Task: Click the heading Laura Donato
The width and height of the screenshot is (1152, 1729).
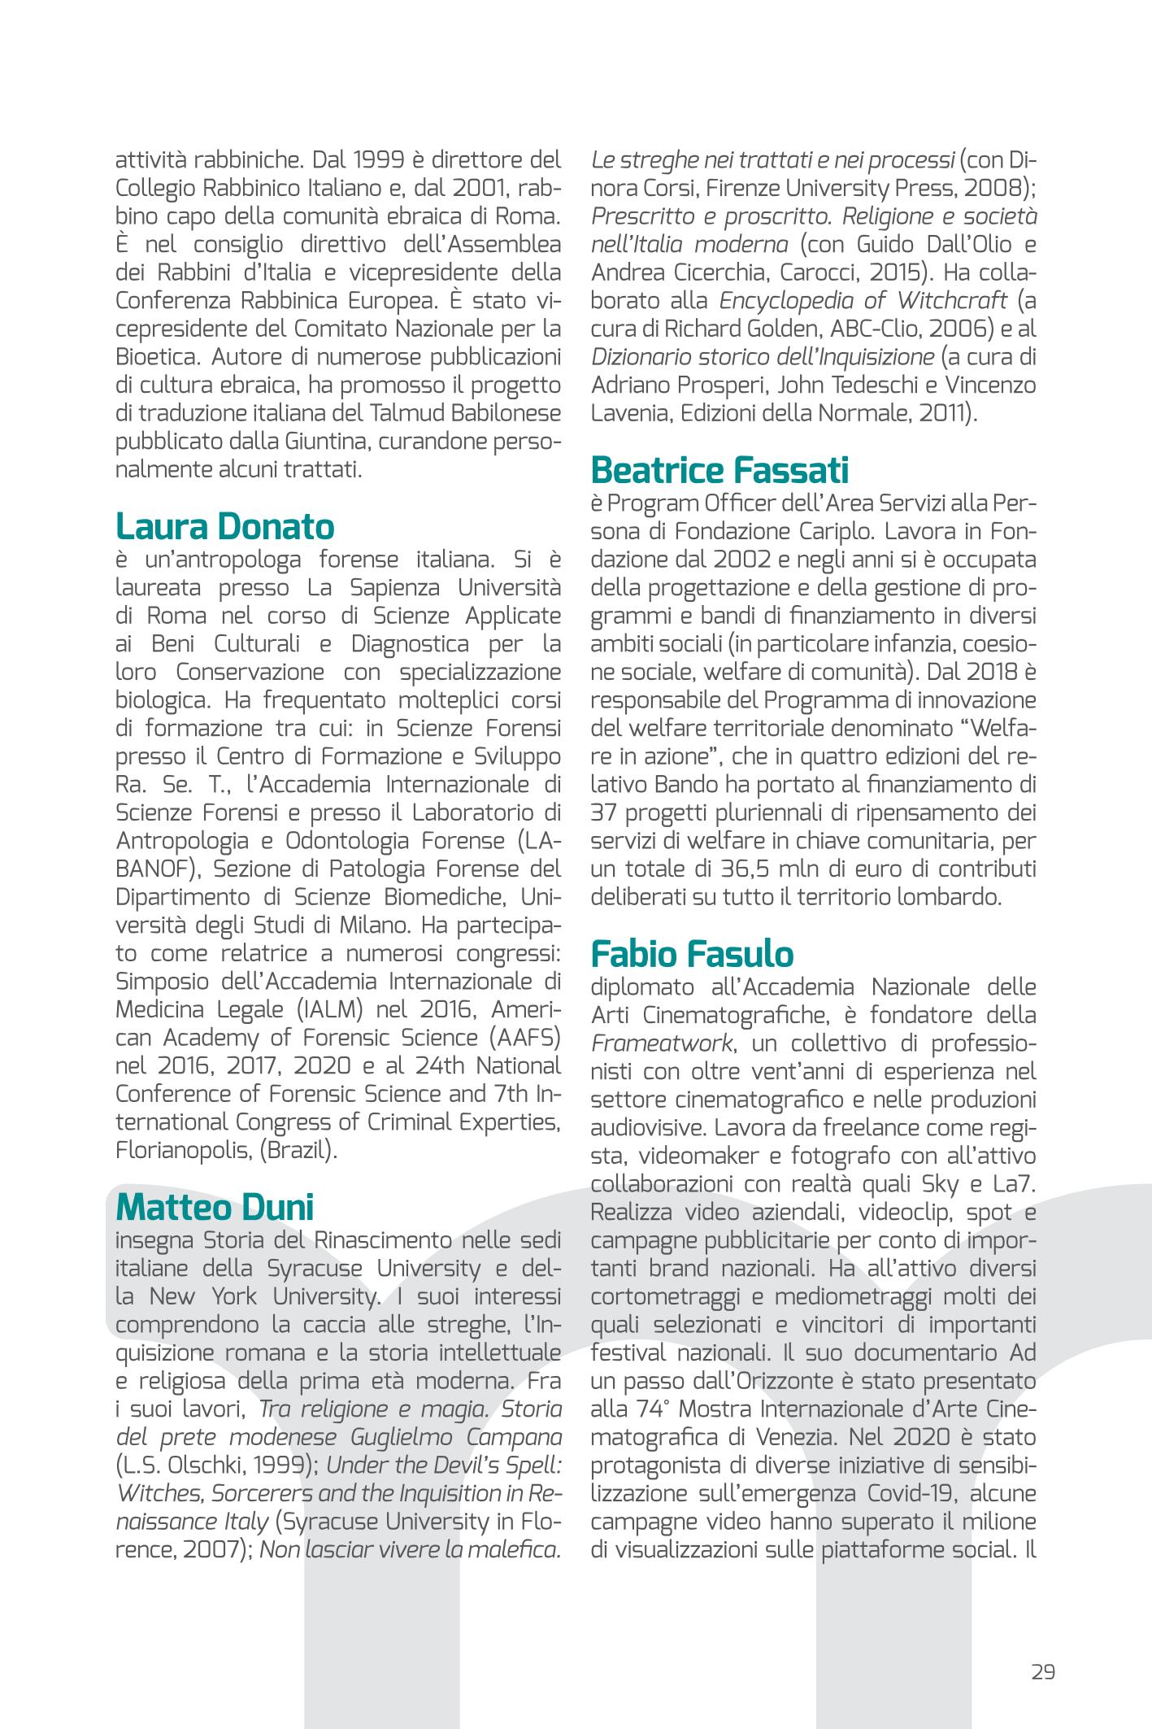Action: (x=224, y=527)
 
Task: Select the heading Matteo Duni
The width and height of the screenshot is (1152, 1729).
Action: (x=214, y=1207)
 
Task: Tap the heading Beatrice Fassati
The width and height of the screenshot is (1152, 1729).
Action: (x=719, y=470)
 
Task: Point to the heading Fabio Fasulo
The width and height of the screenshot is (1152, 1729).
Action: (x=692, y=953)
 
